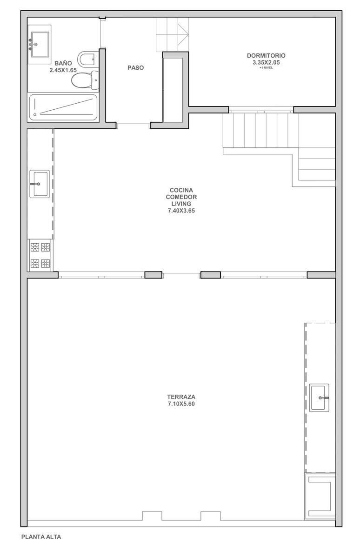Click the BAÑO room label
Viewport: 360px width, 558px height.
63,63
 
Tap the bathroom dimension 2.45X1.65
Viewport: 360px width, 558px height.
63,70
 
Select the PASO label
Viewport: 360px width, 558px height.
135,68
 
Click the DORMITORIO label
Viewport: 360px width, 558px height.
266,55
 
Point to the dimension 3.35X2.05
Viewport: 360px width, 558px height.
266,62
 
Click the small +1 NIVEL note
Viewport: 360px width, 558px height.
266,68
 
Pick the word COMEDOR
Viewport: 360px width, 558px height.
181,197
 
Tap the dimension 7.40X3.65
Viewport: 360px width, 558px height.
181,211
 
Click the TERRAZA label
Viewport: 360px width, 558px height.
181,397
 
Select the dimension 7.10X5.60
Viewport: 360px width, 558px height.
181,404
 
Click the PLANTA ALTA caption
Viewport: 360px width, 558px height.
41,537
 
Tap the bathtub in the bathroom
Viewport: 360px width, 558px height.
63,107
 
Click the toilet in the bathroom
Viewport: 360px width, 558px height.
85,80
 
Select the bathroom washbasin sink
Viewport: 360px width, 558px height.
39,44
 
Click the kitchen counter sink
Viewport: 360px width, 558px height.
40,184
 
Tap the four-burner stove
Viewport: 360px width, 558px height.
40,255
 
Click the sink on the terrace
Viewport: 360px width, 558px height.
319,398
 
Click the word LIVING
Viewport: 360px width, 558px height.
181,204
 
